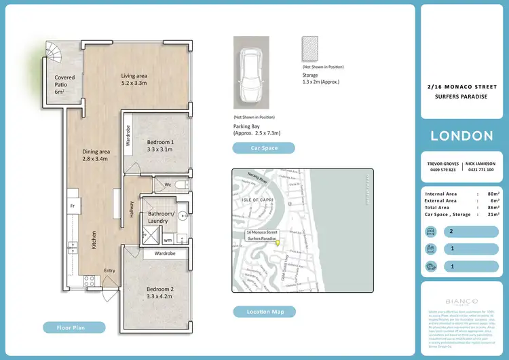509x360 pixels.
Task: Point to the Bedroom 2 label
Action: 160,293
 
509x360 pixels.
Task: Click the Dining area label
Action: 96,155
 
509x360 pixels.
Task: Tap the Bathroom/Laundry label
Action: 162,217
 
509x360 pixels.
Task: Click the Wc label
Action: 166,184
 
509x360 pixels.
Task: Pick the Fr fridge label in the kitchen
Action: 71,205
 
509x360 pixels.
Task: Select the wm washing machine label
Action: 168,240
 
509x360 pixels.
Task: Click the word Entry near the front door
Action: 109,270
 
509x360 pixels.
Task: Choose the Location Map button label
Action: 264,312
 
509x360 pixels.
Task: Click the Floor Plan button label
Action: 75,327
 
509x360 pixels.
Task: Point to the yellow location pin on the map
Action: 276,243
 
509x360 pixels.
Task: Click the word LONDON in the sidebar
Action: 461,135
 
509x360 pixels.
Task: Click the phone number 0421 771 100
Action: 481,170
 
